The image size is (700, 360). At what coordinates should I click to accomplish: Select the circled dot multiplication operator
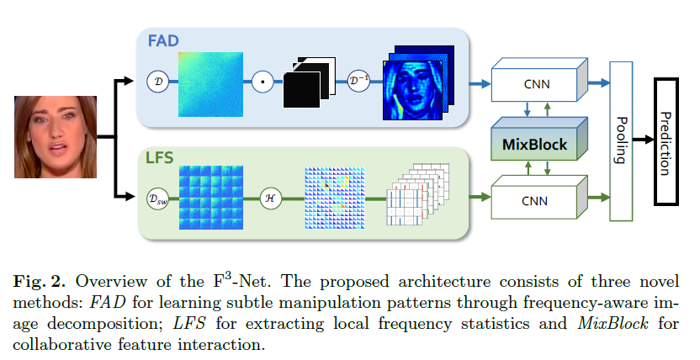pyautogui.click(x=262, y=82)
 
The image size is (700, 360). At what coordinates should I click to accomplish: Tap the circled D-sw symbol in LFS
pyautogui.click(x=155, y=199)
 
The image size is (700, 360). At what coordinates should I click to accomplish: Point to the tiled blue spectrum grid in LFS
pyautogui.click(x=211, y=199)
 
